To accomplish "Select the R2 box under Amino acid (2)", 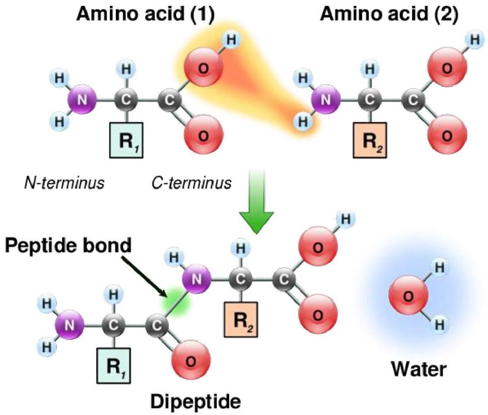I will tap(368, 140).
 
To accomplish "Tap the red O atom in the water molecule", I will tap(407, 297).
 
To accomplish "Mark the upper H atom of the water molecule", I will tap(440, 268).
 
